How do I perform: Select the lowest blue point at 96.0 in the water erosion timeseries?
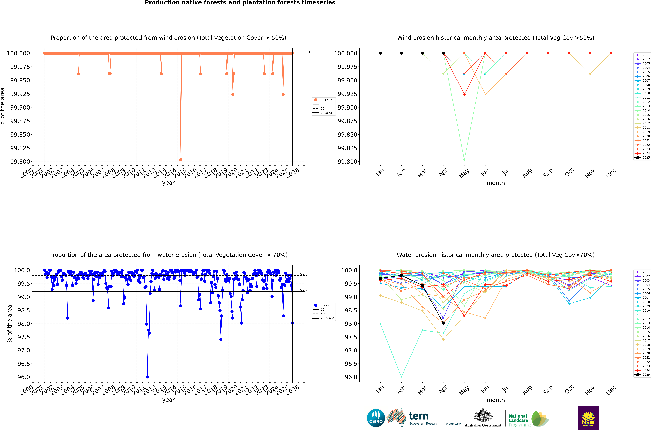coord(148,377)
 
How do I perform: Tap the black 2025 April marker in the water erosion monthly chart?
coord(443,323)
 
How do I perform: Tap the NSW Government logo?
coord(588,418)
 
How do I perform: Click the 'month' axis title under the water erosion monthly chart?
coord(495,400)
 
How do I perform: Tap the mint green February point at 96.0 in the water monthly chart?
coord(401,377)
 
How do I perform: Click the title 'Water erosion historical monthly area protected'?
coord(495,255)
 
